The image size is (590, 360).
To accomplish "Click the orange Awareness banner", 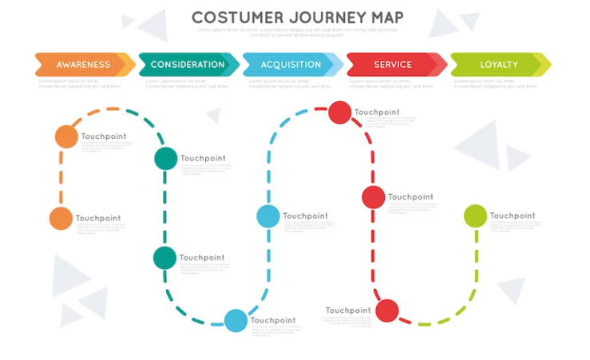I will [x=83, y=65].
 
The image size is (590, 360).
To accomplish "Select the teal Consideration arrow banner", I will [x=188, y=65].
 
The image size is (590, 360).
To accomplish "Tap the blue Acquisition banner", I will [x=291, y=65].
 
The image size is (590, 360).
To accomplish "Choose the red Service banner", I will [x=394, y=65].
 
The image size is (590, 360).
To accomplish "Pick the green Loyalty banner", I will [x=499, y=65].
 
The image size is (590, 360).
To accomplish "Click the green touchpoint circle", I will [x=475, y=216].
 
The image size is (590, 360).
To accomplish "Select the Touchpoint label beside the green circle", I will [x=512, y=216].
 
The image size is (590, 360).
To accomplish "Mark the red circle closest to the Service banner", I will [x=340, y=113].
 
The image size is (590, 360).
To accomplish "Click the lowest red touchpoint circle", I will [x=386, y=310].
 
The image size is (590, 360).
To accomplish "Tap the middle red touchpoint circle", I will [x=374, y=196].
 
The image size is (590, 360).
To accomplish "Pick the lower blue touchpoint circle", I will [x=236, y=320].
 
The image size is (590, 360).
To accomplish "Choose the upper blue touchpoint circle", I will [x=268, y=216].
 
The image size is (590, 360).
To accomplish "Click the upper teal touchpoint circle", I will [x=165, y=158].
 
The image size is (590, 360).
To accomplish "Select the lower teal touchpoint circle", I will [x=164, y=258].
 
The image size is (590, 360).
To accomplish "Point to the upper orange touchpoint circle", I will [x=66, y=136].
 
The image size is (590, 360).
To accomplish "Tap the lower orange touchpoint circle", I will [x=61, y=218].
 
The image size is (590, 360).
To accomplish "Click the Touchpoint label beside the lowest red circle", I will [x=348, y=311].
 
